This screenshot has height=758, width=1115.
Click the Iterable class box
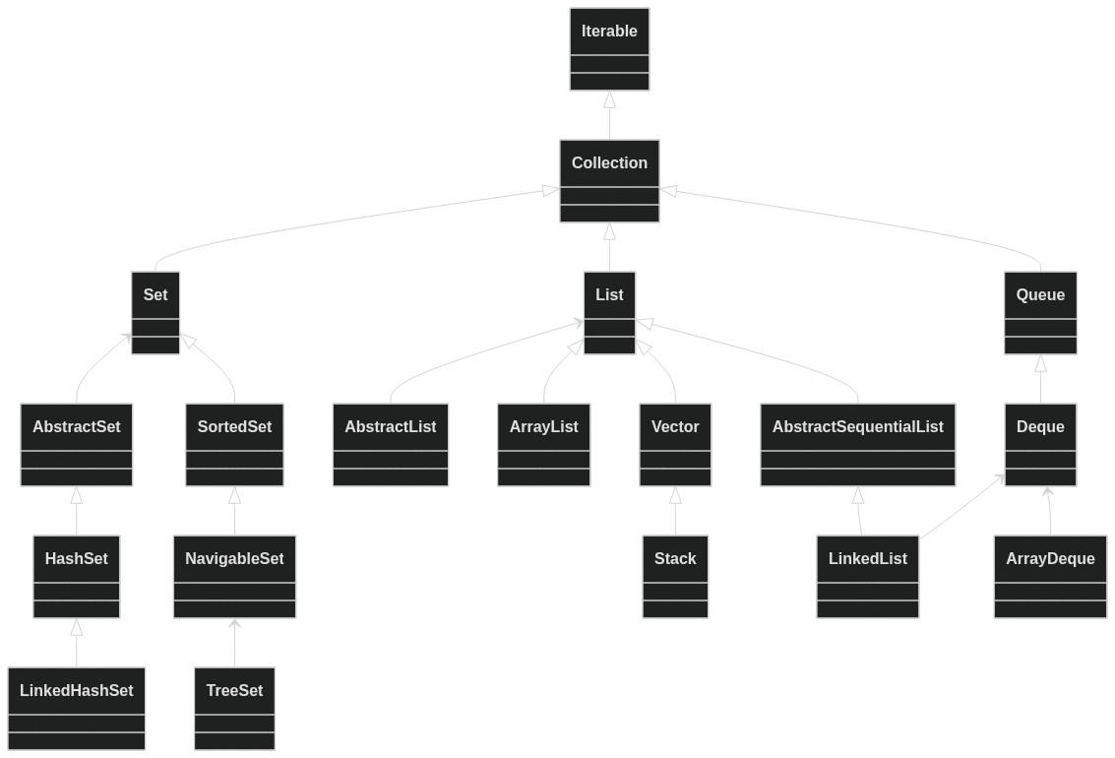coord(609,49)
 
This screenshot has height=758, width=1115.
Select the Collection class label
coord(609,162)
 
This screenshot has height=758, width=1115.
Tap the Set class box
coord(155,313)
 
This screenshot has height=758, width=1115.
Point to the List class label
coord(609,294)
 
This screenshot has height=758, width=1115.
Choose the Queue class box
coord(1040,313)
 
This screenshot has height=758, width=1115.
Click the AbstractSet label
coord(77,426)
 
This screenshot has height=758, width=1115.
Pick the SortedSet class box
coord(234,445)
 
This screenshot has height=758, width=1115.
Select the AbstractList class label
coord(391,426)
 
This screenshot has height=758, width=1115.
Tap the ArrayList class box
coord(544,445)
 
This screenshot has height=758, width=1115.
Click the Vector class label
coord(675,426)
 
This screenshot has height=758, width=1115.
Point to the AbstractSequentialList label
coord(857,426)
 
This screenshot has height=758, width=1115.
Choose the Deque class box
coord(1040,445)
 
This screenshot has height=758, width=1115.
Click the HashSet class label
coord(77,559)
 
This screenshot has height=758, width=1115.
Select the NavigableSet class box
coord(234,577)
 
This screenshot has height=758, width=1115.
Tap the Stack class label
coord(675,559)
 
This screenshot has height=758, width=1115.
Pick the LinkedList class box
coord(868,577)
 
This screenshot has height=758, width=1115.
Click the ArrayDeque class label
coord(1050,559)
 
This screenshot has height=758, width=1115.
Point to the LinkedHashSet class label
coord(77,690)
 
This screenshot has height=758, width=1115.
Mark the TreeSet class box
coord(234,709)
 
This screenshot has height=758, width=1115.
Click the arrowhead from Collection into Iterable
coord(609,99)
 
